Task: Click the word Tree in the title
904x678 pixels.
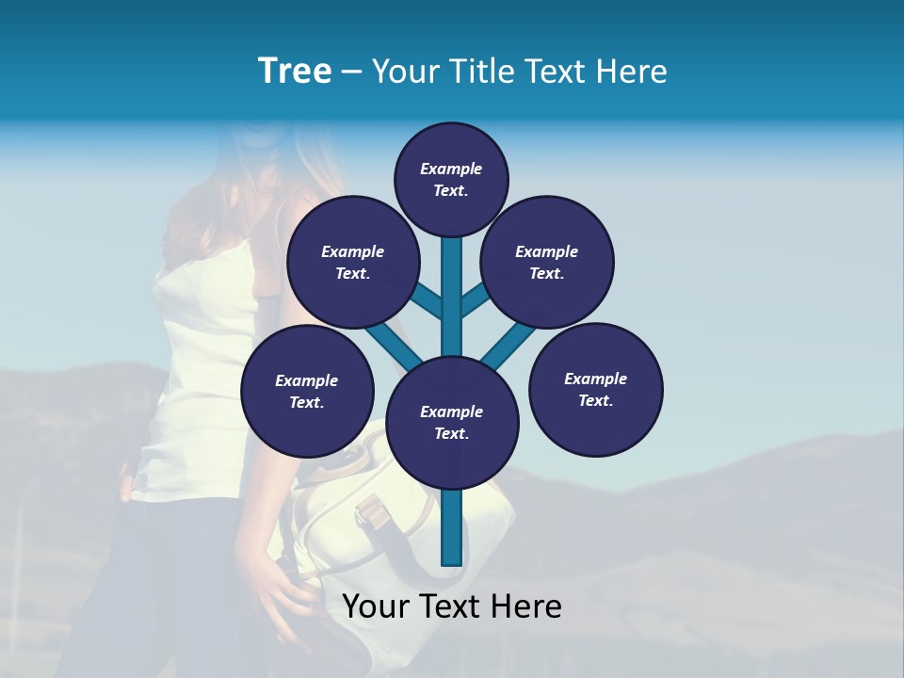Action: pyautogui.click(x=295, y=72)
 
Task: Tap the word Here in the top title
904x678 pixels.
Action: pyautogui.click(x=631, y=72)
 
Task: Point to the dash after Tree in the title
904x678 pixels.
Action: pyautogui.click(x=351, y=73)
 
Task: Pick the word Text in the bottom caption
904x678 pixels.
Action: pyautogui.click(x=445, y=606)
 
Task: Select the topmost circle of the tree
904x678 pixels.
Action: pyautogui.click(x=451, y=179)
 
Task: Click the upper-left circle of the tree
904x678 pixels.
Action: pyautogui.click(x=352, y=262)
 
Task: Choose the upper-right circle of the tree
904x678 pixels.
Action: pyautogui.click(x=547, y=262)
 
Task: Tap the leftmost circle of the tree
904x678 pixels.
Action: pyautogui.click(x=307, y=391)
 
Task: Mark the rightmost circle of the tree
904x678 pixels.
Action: pyautogui.click(x=595, y=389)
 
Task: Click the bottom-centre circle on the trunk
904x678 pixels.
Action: pyautogui.click(x=452, y=422)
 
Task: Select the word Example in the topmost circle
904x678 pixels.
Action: pyautogui.click(x=451, y=169)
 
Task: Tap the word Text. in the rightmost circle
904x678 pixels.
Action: pyautogui.click(x=595, y=401)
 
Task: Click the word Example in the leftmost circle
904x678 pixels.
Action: pyautogui.click(x=307, y=380)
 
